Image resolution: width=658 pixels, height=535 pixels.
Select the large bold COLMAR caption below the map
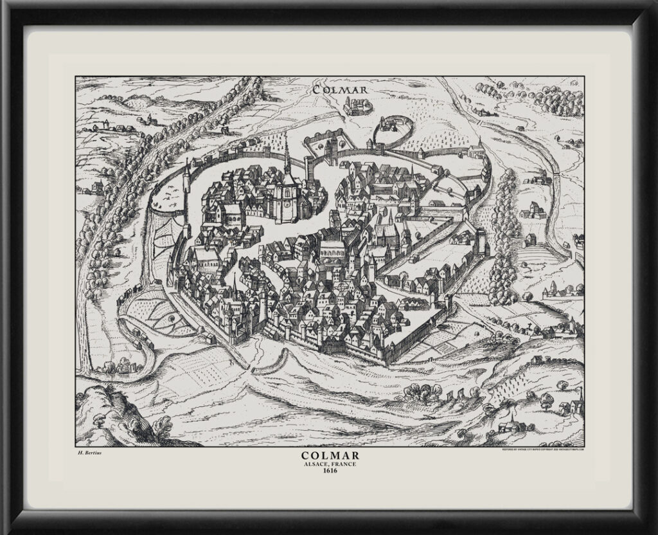(x=329, y=456)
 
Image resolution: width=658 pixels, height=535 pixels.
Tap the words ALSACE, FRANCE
(x=329, y=464)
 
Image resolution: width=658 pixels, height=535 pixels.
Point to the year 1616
(x=329, y=471)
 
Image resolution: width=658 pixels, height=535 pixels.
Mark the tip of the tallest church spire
(x=287, y=137)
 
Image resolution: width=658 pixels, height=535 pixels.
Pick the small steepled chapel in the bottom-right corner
(x=512, y=422)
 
